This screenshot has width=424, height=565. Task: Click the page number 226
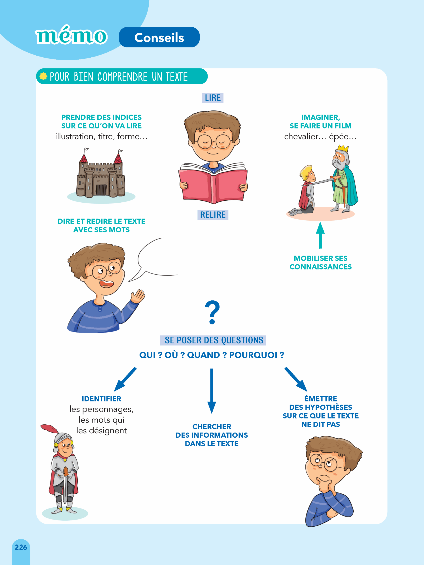[x=21, y=547]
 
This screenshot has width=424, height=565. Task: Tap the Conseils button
[x=159, y=37]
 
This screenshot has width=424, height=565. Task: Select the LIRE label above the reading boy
[x=213, y=98]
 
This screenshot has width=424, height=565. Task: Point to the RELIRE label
[x=213, y=215]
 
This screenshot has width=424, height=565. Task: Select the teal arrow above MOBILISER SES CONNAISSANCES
[x=320, y=235]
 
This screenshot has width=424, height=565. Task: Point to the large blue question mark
[x=212, y=312]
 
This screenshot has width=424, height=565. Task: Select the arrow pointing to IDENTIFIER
[x=125, y=379]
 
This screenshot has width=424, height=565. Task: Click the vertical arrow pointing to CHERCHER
[x=212, y=391]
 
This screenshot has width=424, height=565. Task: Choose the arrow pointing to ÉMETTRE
[x=296, y=379]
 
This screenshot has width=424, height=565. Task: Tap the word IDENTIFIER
[x=101, y=399]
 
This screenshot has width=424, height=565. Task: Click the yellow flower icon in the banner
[x=44, y=76]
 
